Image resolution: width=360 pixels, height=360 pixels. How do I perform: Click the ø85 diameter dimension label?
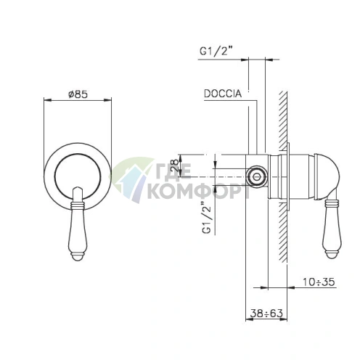coord(78,94)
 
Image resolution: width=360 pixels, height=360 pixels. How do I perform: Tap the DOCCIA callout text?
coord(223,94)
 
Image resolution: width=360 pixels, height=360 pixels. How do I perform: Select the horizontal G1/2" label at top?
coord(216,51)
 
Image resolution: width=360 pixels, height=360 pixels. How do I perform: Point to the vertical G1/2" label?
coord(208,217)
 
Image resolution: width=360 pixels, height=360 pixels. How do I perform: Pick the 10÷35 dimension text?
coord(319,282)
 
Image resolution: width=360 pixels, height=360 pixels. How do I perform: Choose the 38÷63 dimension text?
coord(266,314)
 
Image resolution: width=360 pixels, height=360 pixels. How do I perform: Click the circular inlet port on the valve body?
coord(257,176)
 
